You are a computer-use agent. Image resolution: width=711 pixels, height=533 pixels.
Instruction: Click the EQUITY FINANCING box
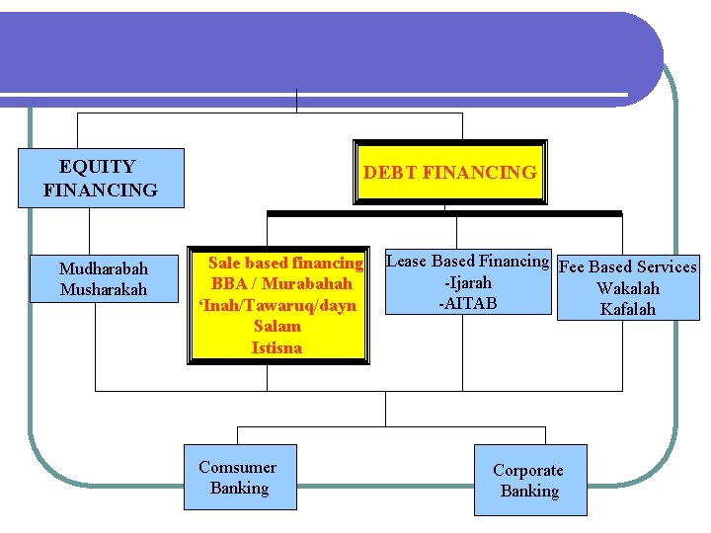101,178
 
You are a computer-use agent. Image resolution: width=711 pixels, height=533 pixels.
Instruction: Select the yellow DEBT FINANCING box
450,172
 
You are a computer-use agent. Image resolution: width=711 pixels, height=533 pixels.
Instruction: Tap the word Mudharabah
104,268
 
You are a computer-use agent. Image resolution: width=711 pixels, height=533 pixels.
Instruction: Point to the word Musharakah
104,289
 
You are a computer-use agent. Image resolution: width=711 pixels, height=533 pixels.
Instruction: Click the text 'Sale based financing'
285,263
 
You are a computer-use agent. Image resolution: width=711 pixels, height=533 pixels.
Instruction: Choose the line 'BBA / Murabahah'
281,284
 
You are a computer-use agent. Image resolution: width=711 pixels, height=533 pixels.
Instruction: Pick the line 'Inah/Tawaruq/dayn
277,305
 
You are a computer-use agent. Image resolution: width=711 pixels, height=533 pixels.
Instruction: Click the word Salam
277,326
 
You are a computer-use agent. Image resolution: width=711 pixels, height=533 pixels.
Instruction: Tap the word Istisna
277,347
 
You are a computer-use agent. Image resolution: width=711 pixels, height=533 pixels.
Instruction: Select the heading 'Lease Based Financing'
467,261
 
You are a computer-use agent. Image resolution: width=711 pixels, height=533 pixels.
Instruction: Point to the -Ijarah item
468,282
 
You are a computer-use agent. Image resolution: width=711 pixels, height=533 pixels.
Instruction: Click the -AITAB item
468,303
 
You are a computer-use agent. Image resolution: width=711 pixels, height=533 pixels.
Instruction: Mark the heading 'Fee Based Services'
628,266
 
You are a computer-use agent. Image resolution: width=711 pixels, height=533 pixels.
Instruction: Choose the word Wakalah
628,288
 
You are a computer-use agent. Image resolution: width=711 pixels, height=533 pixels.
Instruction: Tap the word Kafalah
628,309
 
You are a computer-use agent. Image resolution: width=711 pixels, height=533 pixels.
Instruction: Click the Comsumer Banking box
239,478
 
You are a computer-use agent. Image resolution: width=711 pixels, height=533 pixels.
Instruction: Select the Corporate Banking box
528,481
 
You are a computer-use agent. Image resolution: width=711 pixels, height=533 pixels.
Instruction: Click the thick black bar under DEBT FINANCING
444,213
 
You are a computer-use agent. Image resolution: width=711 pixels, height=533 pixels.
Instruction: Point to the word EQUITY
97,167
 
